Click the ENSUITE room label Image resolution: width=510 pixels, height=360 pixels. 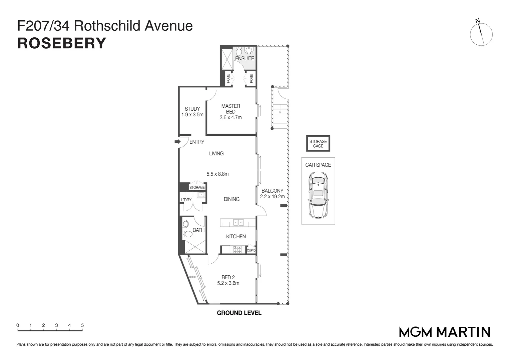244,58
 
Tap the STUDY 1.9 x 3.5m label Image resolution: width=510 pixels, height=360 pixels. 192,112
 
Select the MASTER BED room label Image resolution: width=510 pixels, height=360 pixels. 230,109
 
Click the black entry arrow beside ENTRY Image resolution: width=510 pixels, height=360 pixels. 177,142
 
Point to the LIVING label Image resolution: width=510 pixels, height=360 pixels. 216,154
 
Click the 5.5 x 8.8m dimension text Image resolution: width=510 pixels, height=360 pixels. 217,174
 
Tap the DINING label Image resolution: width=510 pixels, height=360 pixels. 231,199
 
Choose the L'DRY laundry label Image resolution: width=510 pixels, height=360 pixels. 186,200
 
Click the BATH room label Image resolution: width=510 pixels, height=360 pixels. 198,230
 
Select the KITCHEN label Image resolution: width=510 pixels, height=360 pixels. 236,237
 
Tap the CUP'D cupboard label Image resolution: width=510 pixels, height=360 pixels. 251,251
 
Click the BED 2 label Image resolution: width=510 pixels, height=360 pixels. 228,277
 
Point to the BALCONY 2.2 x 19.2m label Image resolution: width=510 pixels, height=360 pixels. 273,194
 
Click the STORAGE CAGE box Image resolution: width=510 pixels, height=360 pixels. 318,144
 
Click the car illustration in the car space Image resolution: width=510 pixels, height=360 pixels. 318,195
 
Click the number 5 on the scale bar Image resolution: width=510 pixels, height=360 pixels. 82,325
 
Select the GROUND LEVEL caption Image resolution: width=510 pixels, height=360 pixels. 239,313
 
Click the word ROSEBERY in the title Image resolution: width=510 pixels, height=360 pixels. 62,43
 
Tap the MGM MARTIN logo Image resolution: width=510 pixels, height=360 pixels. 445,332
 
